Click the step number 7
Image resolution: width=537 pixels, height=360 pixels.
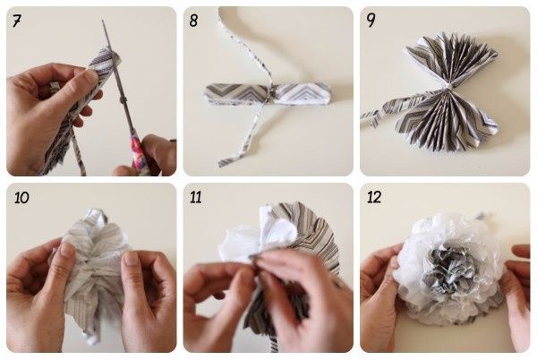coord(17,21)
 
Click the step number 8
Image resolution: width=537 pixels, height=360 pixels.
coord(193,21)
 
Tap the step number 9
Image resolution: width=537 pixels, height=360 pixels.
coord(371,21)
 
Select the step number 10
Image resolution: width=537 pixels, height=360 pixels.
coord(21,198)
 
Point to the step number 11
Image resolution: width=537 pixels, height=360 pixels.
coord(195,198)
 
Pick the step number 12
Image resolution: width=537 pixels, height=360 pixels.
coord(374,197)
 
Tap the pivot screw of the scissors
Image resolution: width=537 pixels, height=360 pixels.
coord(123,99)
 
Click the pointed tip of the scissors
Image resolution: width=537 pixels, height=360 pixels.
coord(103,21)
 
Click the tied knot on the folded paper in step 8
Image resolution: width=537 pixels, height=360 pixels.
coord(270,93)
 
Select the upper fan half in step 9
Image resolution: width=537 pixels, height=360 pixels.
coord(450,58)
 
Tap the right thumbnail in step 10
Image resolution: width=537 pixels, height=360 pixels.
coord(132,259)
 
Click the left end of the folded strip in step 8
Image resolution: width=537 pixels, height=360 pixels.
coord(207,94)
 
